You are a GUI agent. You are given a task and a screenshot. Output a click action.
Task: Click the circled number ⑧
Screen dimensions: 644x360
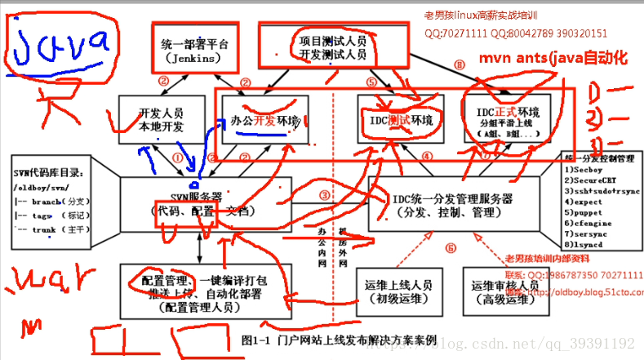click(459, 64)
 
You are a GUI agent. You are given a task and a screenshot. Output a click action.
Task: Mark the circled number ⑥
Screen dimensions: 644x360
click(450, 248)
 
